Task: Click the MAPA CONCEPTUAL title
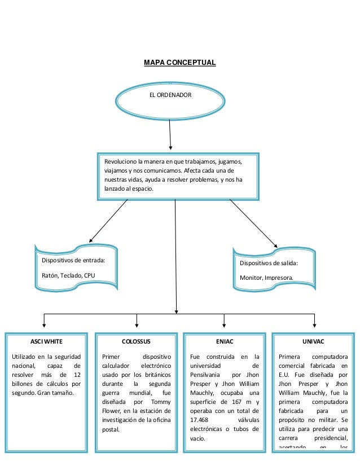coord(180,61)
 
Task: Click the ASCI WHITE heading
coord(46,342)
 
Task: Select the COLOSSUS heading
coord(137,342)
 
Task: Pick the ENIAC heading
coord(225,342)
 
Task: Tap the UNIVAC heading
coord(313,342)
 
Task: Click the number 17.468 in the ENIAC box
coord(200,420)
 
